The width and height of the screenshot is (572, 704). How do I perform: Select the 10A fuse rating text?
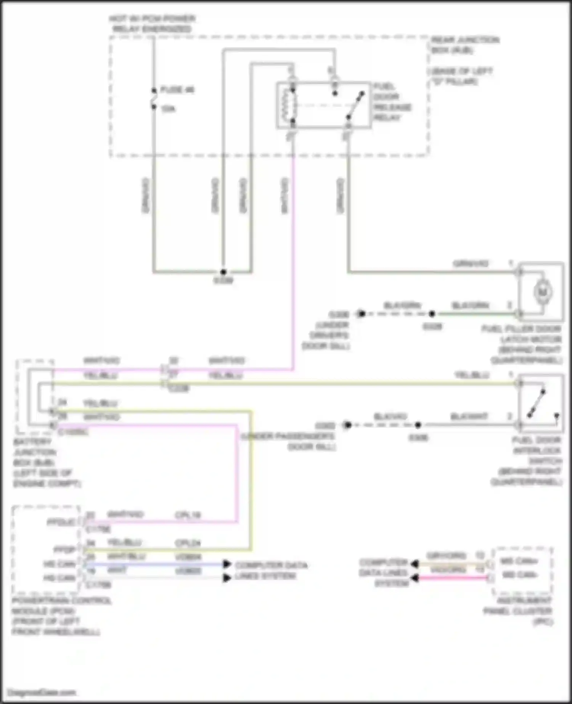168,109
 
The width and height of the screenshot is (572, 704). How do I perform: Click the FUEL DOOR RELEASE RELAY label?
392,102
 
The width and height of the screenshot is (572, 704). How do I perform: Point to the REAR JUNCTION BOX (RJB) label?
465,45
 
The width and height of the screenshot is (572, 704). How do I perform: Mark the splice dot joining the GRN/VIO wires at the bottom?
223,272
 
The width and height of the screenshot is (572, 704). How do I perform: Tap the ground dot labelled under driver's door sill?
361,314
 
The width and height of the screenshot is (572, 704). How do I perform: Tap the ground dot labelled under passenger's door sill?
347,425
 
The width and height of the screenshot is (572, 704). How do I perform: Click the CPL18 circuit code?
188,515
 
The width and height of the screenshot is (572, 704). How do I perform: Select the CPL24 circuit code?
188,543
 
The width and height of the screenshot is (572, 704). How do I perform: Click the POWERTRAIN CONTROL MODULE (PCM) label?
57,616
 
